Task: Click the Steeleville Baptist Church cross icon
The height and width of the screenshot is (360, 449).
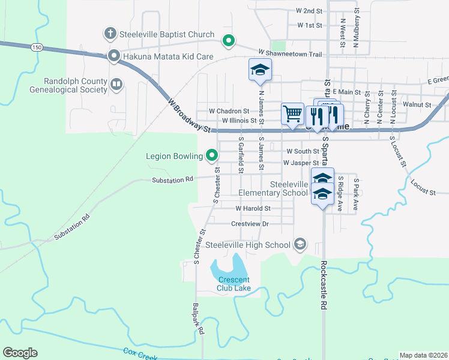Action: pos(110,34)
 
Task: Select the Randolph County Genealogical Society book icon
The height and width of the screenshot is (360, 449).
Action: pos(116,85)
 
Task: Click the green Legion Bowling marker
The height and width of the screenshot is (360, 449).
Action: pos(212,157)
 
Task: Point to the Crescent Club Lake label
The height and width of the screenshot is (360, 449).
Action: pos(234,284)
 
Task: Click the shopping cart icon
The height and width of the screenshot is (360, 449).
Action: pos(292,113)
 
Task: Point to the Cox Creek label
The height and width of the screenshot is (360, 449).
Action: pos(140,354)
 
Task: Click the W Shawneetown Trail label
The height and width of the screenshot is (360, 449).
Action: pos(290,54)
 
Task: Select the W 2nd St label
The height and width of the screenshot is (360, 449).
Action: pos(309,11)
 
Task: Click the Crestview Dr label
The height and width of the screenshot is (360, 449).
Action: pos(249,224)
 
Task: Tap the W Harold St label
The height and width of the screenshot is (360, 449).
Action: pos(253,209)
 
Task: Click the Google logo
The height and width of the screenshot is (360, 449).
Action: pos(20,353)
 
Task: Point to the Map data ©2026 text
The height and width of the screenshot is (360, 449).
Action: pos(423,355)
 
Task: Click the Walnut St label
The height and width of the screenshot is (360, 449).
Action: pos(417,104)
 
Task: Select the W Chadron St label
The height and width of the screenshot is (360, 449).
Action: pos(229,111)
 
